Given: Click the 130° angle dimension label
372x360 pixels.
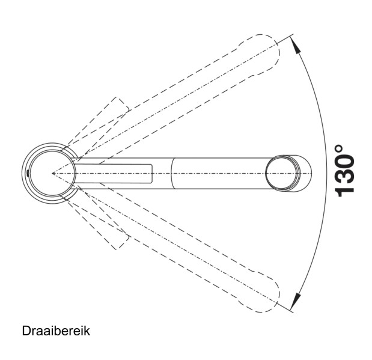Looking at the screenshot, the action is tap(344, 171).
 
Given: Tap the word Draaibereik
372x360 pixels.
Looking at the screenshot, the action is tap(56, 331).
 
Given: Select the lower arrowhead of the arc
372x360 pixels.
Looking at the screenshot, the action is tap(296, 301).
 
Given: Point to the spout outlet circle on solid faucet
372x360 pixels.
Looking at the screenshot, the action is tap(283, 173).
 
